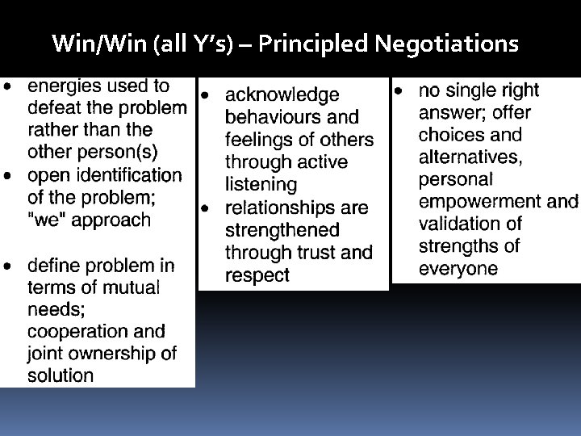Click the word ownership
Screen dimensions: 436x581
110,353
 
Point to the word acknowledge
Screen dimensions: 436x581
282,96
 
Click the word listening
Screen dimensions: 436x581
261,185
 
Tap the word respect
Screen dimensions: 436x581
257,275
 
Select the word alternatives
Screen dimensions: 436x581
470,157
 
